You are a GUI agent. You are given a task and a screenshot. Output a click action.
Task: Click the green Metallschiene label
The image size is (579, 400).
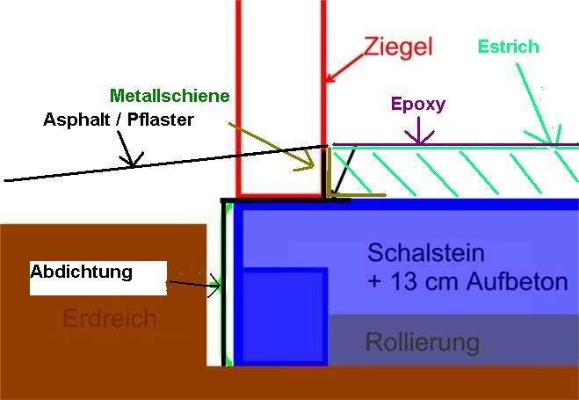170,95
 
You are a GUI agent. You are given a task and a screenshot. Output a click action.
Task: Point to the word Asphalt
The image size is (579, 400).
78,119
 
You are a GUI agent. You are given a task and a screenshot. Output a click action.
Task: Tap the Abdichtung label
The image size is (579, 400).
81,272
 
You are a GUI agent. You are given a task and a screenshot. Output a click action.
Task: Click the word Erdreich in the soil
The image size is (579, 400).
109,317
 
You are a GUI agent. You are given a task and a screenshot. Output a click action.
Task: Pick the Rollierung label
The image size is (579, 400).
422,341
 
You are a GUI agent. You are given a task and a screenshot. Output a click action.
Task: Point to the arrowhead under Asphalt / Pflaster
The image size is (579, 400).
133,160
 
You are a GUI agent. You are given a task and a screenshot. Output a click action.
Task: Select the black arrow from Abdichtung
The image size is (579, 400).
193,284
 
